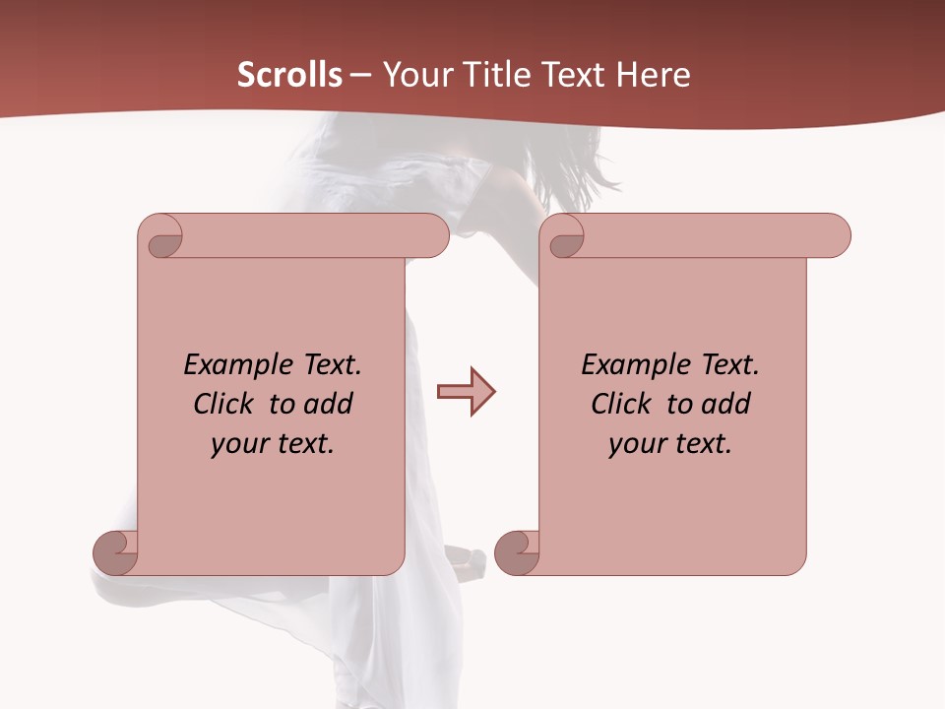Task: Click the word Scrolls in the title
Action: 290,75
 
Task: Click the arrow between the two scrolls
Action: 466,392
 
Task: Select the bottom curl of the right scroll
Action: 517,552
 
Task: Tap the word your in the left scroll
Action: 237,444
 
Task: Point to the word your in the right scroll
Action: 636,444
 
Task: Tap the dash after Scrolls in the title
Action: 360,75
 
